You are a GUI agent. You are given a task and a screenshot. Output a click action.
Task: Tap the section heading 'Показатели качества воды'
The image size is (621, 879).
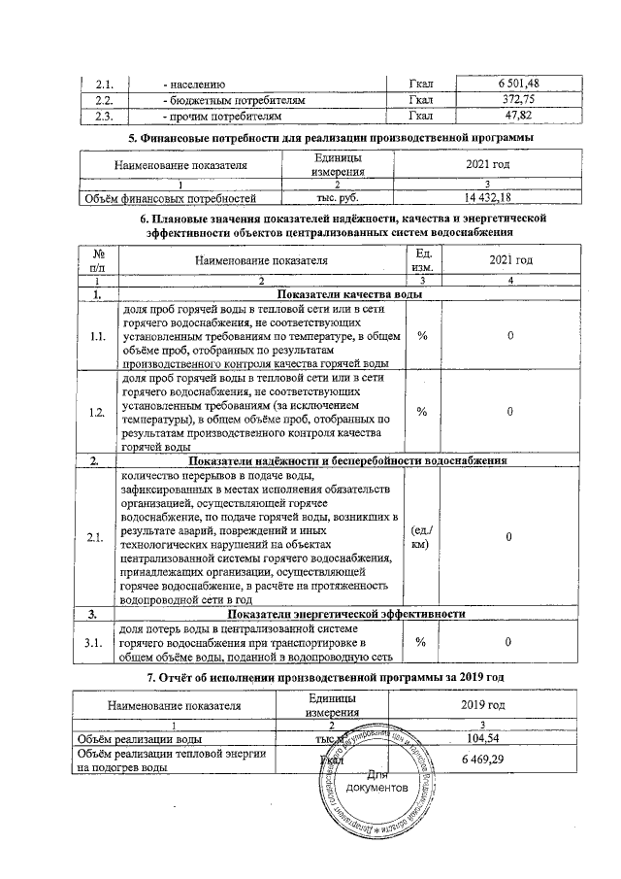pyautogui.click(x=349, y=292)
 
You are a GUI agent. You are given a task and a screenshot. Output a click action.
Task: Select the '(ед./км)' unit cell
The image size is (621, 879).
pyautogui.click(x=422, y=537)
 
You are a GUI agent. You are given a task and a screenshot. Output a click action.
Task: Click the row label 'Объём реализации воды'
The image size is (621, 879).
pyautogui.click(x=140, y=739)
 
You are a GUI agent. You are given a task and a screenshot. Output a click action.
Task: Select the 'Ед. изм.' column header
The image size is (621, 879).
pyautogui.click(x=422, y=259)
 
